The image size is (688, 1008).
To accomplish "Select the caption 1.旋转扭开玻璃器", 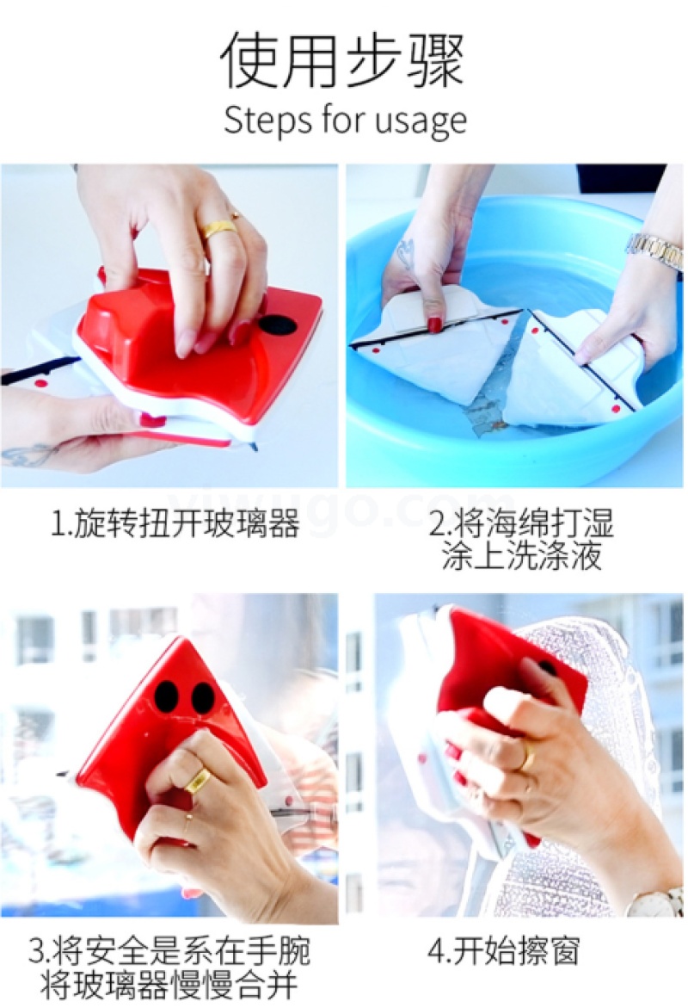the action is coord(175,524).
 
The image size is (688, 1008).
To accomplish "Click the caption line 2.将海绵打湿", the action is coord(521,523).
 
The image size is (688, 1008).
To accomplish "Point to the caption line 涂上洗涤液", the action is coord(521,554).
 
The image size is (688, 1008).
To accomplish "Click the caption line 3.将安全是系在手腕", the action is coord(169,951).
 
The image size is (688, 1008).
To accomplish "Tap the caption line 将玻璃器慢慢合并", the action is coord(169,984).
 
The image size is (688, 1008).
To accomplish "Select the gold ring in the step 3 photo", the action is coord(197,781).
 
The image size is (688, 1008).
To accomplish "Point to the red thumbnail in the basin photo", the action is coord(435,324).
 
